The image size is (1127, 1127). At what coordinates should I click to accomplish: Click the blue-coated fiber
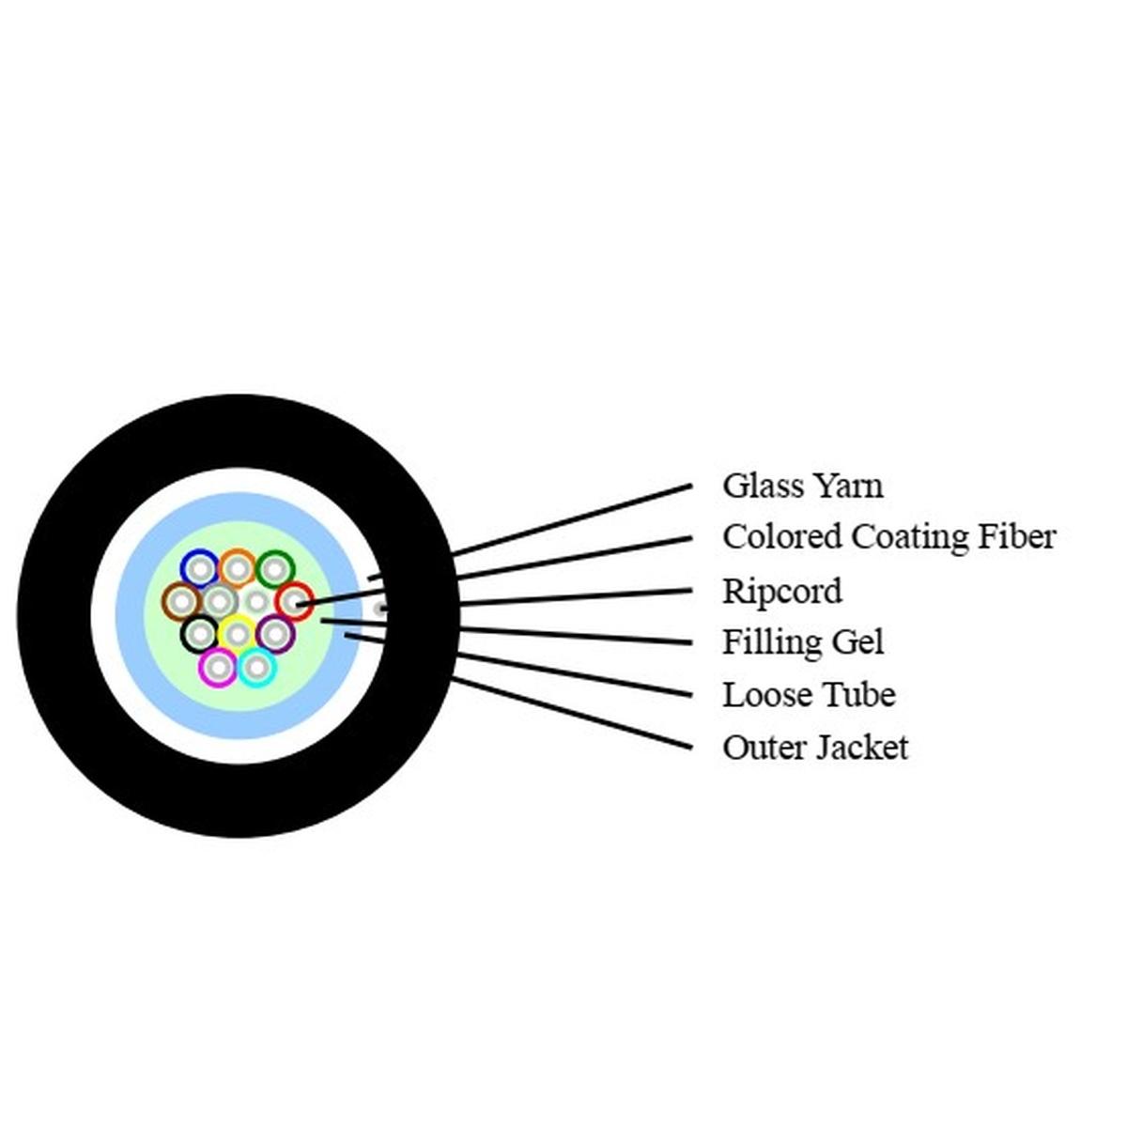[x=199, y=568]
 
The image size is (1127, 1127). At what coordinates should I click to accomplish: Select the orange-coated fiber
[x=238, y=568]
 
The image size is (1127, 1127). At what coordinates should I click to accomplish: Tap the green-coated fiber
[x=275, y=568]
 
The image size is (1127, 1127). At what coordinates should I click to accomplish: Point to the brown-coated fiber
[x=181, y=601]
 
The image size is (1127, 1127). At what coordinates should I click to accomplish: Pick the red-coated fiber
[x=294, y=601]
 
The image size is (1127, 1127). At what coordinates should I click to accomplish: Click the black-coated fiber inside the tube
[x=199, y=635]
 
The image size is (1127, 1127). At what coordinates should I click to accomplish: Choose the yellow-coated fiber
[x=238, y=635]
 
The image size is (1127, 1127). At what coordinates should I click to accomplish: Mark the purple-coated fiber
[x=275, y=635]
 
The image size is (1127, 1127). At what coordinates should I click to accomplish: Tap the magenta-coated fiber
[x=218, y=668]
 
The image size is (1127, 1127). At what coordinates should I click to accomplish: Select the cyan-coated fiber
[x=256, y=668]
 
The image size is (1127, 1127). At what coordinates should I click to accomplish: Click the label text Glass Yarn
[x=802, y=486]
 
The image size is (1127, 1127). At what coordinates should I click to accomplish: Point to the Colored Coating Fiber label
[x=888, y=536]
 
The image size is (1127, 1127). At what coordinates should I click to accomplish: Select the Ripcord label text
[x=781, y=591]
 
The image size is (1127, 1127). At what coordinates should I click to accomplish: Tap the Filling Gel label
[x=802, y=642]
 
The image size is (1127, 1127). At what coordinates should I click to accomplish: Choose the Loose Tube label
[x=808, y=695]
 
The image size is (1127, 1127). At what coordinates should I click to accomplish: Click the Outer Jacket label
[x=814, y=748]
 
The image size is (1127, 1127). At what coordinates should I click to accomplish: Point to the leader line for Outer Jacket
[x=573, y=714]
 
